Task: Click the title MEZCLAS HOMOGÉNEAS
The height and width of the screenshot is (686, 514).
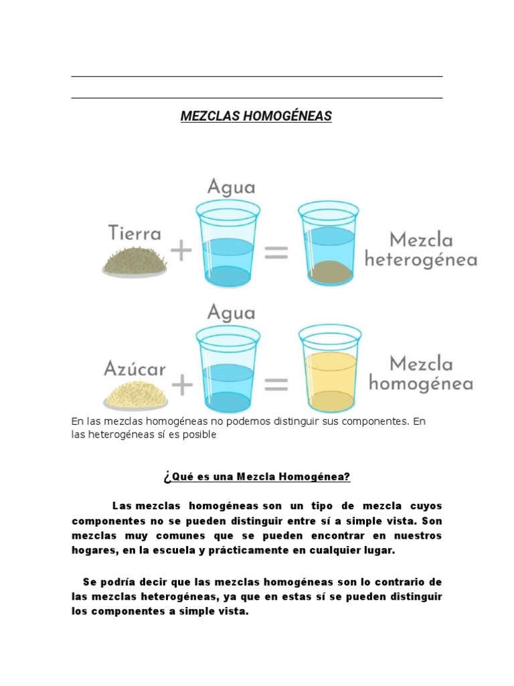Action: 256,117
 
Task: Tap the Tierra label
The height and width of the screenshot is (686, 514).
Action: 135,234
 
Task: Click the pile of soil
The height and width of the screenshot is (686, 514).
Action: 135,259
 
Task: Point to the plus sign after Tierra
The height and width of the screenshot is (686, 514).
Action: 181,252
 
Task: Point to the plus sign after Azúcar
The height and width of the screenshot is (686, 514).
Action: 181,384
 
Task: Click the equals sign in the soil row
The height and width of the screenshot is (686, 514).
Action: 276,252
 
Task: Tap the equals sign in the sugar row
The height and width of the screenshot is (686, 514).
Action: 276,384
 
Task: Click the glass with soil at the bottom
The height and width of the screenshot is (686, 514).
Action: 329,243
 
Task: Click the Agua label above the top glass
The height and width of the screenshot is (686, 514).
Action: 231,186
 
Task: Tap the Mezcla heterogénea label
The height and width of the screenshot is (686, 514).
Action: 420,249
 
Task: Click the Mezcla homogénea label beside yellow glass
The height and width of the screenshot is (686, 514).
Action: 421,374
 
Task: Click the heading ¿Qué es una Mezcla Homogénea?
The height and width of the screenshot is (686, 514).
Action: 256,477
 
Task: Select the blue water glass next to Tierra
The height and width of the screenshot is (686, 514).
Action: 228,243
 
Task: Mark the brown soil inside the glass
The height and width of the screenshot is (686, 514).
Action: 329,271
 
